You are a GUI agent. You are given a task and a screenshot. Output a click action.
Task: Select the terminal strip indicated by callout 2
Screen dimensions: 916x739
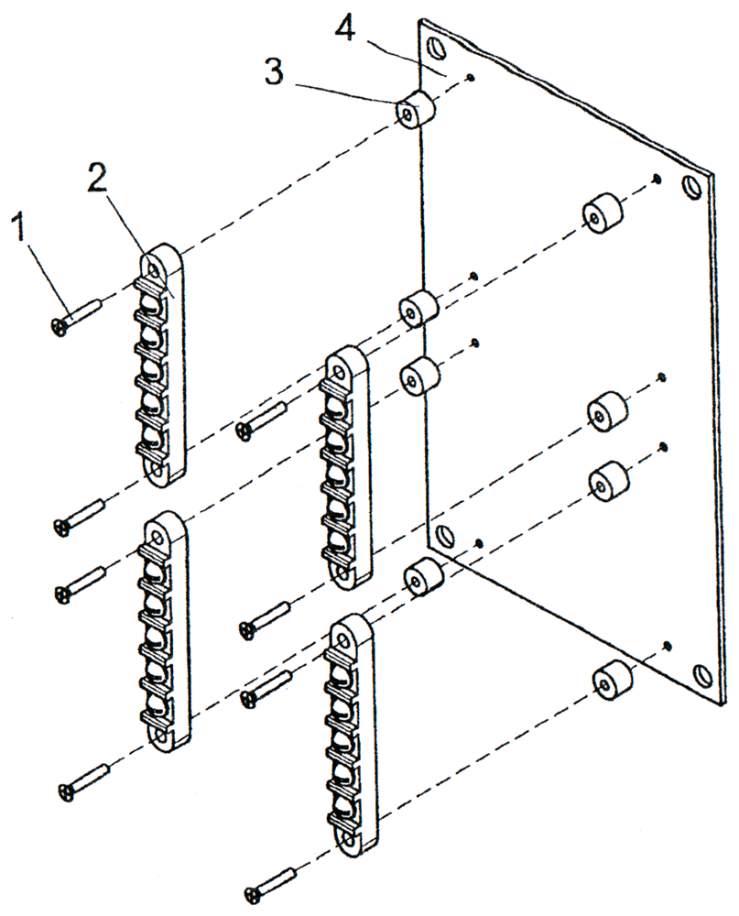(x=163, y=362)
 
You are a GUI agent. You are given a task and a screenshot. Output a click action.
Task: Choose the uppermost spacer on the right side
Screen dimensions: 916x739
(x=602, y=216)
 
